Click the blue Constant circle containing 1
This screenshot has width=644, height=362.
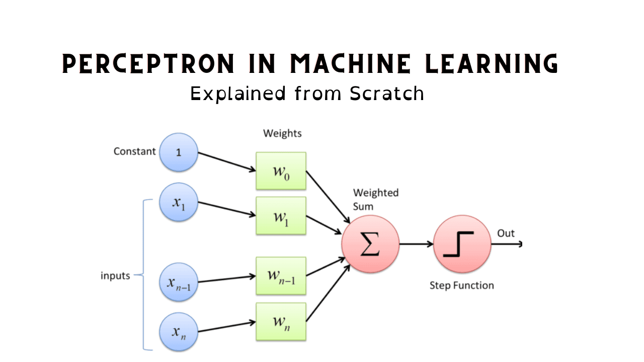pos(179,152)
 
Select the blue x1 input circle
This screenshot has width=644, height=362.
pos(179,203)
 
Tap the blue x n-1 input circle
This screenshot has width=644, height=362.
pos(179,282)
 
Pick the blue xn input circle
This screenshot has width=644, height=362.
pos(179,332)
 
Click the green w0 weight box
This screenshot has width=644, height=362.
pos(281,171)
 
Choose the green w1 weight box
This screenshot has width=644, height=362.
pos(281,216)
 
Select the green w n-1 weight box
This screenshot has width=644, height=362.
pos(281,276)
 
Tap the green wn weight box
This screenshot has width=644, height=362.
pos(281,321)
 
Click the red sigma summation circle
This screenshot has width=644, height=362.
pos(370,244)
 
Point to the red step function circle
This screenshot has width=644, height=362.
pos(462,244)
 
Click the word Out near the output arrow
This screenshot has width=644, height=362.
pos(506,233)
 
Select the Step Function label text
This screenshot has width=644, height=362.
pos(461,286)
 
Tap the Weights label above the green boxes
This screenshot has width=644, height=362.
pos(282,133)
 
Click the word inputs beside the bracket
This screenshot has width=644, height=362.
pos(115,276)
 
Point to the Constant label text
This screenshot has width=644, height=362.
pos(134,151)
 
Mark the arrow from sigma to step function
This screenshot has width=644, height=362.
pos(417,244)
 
